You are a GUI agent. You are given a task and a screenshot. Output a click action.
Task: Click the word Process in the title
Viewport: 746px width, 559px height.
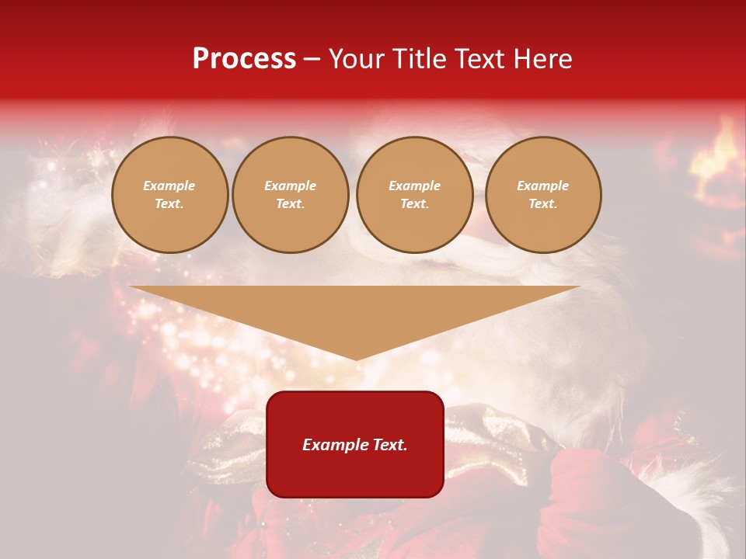pos(244,59)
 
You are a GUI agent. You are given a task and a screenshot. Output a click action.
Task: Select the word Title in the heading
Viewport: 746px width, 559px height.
pos(420,59)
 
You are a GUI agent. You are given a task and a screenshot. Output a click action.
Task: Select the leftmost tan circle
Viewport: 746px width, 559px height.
pos(169,195)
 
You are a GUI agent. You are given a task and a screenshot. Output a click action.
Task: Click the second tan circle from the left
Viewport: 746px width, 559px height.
pos(291,195)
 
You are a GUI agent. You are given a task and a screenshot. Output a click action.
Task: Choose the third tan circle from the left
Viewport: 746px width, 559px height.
pos(415,195)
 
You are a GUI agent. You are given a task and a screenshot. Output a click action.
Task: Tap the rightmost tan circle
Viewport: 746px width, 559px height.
pos(543,195)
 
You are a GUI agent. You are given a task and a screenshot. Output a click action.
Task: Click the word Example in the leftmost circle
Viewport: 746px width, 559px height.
pos(169,186)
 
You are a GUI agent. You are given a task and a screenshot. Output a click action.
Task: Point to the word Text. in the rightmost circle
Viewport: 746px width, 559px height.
pos(543,204)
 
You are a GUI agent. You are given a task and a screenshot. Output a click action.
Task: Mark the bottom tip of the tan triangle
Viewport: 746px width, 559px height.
pos(356,358)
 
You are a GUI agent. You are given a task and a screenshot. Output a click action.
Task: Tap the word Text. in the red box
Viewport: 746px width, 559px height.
pos(388,445)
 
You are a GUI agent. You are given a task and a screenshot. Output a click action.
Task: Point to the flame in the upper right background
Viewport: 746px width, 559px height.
pos(720,148)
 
